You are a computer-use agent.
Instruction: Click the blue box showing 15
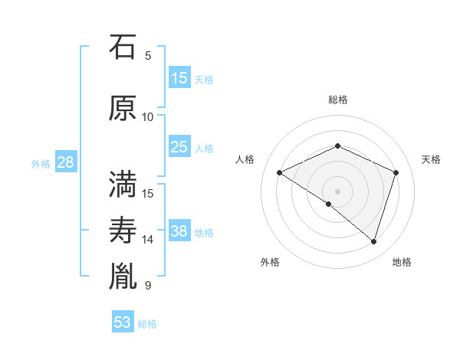(179, 78)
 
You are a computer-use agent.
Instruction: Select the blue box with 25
(179, 147)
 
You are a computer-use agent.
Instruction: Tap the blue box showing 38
(179, 231)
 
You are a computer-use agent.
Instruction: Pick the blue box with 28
(65, 162)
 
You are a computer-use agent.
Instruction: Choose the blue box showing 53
(123, 322)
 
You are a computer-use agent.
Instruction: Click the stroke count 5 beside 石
(148, 55)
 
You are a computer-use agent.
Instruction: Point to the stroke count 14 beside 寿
(148, 240)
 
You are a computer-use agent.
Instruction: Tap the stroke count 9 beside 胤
(148, 286)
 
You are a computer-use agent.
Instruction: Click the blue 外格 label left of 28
(41, 163)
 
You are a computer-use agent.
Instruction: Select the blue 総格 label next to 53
(147, 323)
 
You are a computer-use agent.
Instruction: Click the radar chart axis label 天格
(431, 159)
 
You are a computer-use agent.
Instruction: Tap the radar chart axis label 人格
(245, 159)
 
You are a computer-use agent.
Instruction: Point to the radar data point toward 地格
(373, 241)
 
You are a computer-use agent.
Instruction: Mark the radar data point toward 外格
(329, 204)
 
